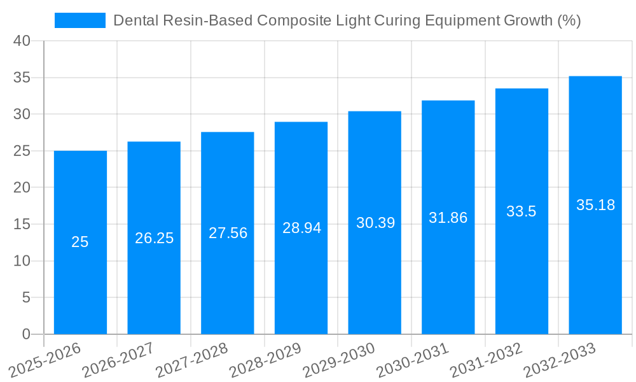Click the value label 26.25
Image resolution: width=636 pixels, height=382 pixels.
click(154, 238)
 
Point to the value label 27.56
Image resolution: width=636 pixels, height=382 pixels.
click(228, 233)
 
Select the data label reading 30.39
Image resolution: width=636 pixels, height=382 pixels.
click(375, 223)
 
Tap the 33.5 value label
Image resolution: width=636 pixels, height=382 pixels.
click(522, 212)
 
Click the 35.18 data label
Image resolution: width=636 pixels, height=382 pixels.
click(595, 205)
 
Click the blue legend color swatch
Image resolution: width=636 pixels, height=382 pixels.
click(80, 20)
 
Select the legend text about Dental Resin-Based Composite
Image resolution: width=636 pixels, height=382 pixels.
click(347, 20)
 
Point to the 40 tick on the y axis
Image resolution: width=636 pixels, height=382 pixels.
click(22, 41)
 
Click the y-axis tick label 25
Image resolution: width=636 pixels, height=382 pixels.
click(22, 152)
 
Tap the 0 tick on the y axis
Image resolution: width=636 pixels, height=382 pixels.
click(26, 334)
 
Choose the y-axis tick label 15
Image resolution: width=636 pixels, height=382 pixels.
click(22, 225)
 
